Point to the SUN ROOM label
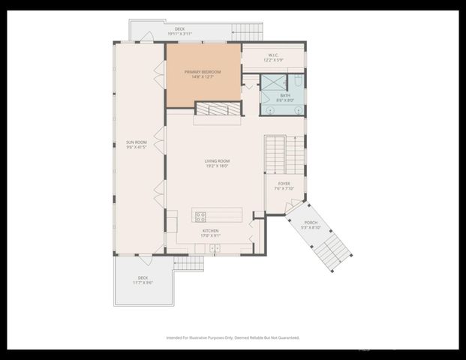point(137,145)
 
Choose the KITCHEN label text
point(209,233)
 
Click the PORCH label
point(311,224)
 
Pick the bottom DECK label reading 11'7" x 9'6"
point(143,280)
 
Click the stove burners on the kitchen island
point(200,217)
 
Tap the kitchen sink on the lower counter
point(215,247)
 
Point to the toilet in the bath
point(298,80)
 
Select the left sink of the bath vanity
point(270,109)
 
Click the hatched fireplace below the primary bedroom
point(218,109)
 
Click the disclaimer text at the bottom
point(233,338)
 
